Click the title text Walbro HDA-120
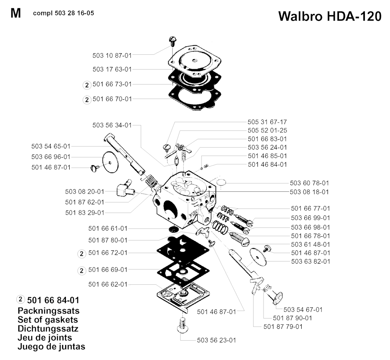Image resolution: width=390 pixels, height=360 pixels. point(329,16)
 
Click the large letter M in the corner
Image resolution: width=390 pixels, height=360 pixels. point(16,13)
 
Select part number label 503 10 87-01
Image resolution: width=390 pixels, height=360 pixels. point(112,56)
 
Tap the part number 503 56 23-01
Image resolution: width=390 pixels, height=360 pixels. point(216,340)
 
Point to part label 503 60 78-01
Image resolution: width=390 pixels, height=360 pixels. point(309,183)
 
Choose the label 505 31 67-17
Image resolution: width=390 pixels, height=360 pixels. point(267,122)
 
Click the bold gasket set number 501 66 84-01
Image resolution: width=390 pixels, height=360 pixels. point(53,300)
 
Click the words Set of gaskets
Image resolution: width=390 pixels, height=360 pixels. point(48,320)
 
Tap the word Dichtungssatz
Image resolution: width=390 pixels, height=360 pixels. point(48,329)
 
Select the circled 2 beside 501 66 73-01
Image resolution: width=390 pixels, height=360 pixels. point(87,85)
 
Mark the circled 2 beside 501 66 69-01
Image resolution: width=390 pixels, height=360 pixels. point(82,271)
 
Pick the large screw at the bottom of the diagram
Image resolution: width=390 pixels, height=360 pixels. point(182,325)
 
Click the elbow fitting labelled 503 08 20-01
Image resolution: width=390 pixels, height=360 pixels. point(126,190)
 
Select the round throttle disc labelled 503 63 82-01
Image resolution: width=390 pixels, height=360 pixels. point(258,256)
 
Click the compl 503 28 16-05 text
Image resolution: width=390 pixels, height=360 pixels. point(64,13)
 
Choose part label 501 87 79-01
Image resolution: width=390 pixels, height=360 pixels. point(283,327)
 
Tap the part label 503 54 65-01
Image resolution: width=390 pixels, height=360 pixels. point(51,147)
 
